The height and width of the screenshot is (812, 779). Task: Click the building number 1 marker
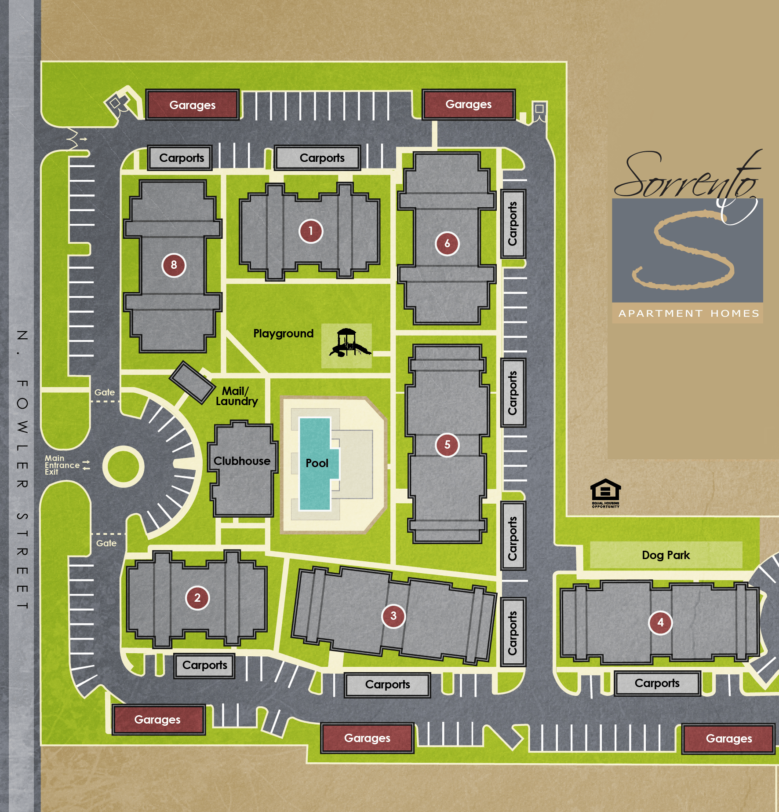[311, 231]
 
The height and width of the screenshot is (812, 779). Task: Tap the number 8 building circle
[174, 265]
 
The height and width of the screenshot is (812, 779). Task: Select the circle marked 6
[447, 243]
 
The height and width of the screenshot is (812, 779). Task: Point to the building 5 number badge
[447, 445]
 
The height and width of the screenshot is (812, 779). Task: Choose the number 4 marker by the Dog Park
[660, 622]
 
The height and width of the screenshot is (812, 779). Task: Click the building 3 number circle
[393, 616]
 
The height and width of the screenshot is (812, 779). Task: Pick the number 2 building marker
[197, 598]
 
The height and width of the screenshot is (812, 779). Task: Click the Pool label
[317, 463]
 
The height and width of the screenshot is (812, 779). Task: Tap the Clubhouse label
[242, 461]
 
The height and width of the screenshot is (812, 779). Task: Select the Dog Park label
[666, 555]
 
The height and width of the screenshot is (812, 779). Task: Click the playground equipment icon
[349, 343]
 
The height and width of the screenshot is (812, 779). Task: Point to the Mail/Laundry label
[236, 396]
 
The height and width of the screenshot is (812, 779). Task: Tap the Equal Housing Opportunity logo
[605, 493]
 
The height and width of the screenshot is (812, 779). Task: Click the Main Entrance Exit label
[62, 465]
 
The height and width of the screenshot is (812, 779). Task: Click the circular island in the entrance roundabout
[124, 467]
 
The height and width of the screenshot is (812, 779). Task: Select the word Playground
[283, 333]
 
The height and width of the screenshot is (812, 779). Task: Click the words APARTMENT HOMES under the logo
[688, 314]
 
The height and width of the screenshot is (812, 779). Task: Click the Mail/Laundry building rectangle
[192, 382]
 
